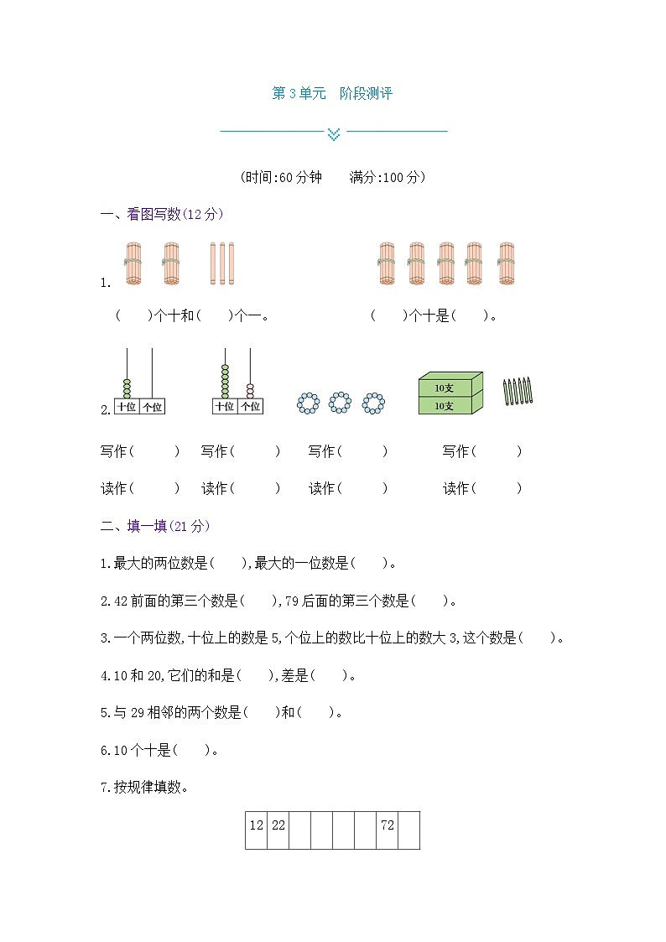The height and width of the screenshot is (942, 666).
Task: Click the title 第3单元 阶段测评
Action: (332, 94)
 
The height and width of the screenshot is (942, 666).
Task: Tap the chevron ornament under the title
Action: (334, 132)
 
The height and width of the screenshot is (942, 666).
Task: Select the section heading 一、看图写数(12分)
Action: (161, 214)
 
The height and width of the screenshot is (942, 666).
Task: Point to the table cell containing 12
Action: (256, 825)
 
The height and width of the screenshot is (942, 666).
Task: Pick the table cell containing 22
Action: (278, 825)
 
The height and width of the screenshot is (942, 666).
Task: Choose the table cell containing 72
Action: (387, 825)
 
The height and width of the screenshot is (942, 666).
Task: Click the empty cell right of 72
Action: (408, 830)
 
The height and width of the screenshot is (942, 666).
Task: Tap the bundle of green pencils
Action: (518, 391)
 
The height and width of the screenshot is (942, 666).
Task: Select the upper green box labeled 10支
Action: (450, 387)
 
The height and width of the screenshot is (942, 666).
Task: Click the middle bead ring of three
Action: (340, 403)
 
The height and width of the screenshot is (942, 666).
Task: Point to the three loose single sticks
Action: (222, 263)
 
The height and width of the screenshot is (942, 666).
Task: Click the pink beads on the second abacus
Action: (249, 389)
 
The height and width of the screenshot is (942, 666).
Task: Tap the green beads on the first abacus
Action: (127, 388)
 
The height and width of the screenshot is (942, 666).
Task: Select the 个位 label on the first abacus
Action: (152, 407)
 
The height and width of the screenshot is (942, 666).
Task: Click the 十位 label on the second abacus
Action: (224, 407)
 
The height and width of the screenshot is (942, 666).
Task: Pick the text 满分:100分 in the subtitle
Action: (388, 177)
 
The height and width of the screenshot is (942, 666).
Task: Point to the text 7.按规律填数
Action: (144, 787)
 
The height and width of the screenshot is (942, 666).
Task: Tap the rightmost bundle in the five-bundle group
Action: (506, 263)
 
